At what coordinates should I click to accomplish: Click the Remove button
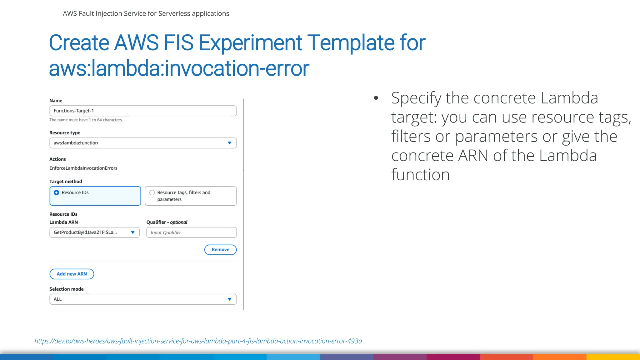(220, 250)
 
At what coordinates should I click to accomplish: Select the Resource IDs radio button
(57, 192)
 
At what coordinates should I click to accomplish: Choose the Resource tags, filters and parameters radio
(152, 192)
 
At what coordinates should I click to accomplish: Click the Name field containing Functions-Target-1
(143, 111)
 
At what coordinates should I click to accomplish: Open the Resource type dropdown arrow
(229, 143)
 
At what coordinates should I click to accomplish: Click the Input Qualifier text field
(191, 232)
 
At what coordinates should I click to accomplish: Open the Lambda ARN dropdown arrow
(133, 232)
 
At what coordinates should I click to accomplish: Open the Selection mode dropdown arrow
(229, 299)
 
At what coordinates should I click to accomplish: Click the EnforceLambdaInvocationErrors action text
(83, 168)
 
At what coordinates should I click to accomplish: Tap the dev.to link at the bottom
(198, 341)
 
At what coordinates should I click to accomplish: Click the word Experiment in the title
(250, 43)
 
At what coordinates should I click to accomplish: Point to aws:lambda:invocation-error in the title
(179, 68)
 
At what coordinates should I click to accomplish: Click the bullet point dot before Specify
(376, 98)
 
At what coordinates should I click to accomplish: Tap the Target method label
(66, 182)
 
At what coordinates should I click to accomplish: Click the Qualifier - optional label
(167, 222)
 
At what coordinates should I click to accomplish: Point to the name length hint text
(86, 120)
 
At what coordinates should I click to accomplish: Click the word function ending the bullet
(420, 175)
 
